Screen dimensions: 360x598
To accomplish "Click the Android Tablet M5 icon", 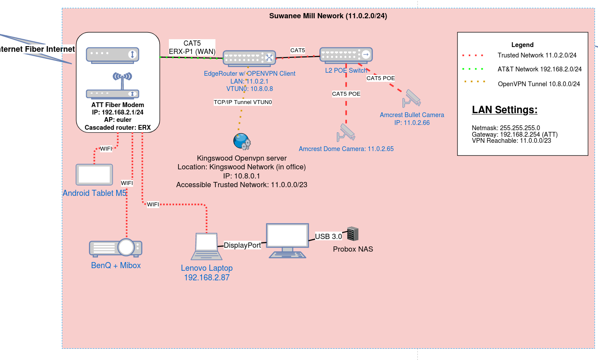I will coord(94,175).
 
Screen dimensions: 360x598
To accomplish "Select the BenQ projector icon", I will coord(116,247).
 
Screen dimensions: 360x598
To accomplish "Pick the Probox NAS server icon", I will coord(353,234).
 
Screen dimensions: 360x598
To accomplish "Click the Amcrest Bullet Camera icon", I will coord(412,98).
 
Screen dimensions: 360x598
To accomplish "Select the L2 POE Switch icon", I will coord(346,54).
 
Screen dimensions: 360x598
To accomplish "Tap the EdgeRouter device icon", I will coord(249,57).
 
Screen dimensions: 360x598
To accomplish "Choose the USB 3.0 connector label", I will coord(329,236).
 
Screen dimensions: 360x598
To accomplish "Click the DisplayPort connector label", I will coord(242,245).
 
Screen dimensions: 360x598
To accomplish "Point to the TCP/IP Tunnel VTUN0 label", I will coord(242,102).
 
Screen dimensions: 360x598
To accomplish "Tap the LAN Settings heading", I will coord(504,110).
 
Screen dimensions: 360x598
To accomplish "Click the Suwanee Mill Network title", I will coord(328,16).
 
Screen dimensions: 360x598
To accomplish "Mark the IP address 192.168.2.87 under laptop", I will coord(207,277).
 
